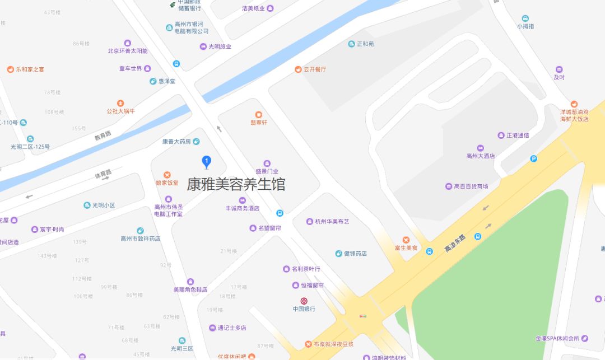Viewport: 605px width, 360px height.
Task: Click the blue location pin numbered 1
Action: click(206, 162)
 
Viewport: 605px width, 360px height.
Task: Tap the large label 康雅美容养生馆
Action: click(236, 184)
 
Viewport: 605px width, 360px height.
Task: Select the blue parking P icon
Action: click(534, 159)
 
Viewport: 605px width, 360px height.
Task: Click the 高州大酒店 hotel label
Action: click(481, 156)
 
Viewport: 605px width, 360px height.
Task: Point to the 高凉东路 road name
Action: click(454, 242)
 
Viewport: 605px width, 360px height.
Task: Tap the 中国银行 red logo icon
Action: click(304, 301)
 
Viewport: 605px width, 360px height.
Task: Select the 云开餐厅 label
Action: click(314, 69)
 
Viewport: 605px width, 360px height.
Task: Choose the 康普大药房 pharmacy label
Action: click(176, 142)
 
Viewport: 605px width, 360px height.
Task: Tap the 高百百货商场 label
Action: click(471, 186)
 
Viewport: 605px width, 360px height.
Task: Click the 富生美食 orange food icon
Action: click(406, 240)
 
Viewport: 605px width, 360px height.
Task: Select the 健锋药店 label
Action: click(355, 254)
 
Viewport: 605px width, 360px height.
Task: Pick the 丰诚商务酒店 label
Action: click(242, 208)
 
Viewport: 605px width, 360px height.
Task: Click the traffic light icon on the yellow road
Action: click(363, 316)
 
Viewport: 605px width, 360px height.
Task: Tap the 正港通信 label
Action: click(518, 135)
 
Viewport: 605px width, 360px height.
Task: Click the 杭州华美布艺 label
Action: click(332, 222)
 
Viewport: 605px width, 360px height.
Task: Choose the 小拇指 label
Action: click(525, 26)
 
